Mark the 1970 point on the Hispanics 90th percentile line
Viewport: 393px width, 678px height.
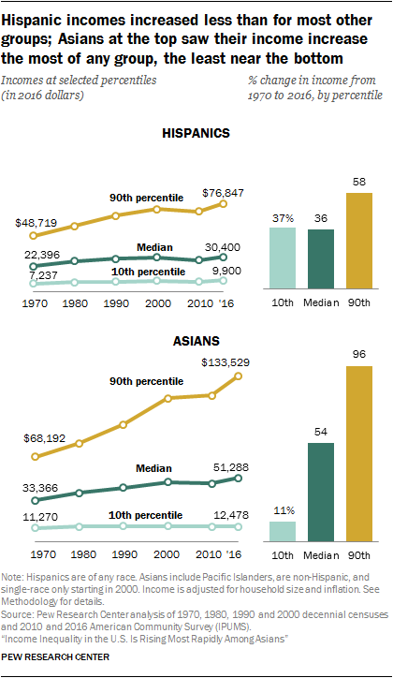[x=36, y=236]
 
